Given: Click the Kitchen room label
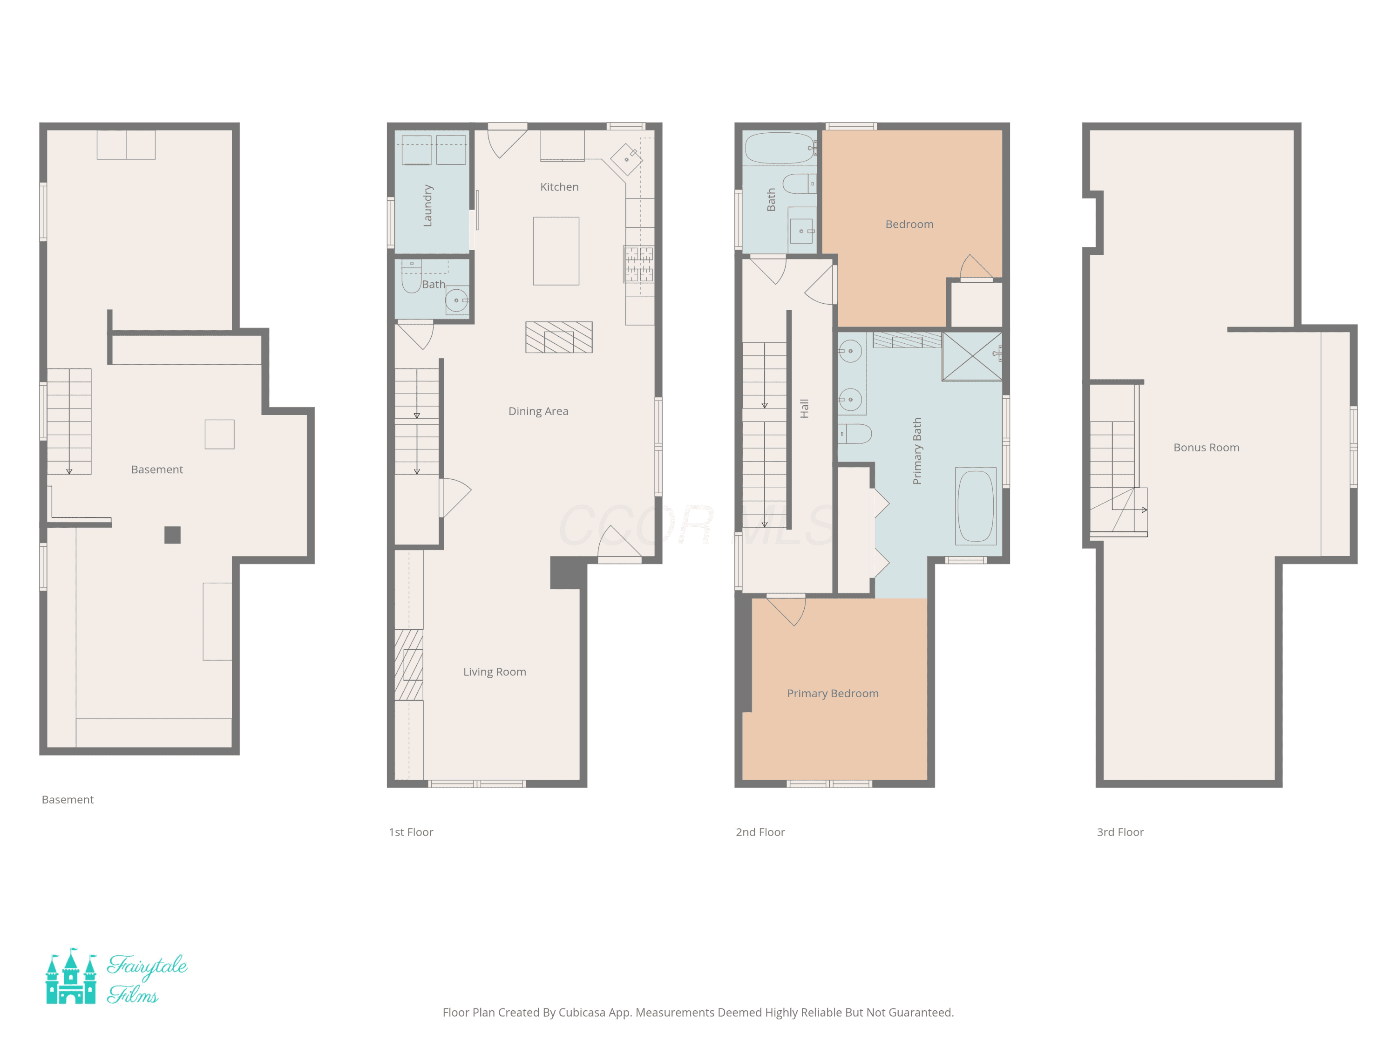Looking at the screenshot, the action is [x=559, y=187].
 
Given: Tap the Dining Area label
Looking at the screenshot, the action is [x=538, y=411].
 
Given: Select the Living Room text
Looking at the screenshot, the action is [x=495, y=672].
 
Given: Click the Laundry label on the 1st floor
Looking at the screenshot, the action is [x=427, y=205].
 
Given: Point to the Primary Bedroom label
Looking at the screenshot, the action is [x=833, y=694].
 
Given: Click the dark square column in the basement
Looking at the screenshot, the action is [x=172, y=535].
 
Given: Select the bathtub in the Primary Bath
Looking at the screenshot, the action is [x=976, y=506].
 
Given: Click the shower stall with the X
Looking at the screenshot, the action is [x=972, y=356].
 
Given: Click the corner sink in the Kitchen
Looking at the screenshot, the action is [x=626, y=159].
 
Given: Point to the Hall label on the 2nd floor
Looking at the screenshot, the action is [x=804, y=408].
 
